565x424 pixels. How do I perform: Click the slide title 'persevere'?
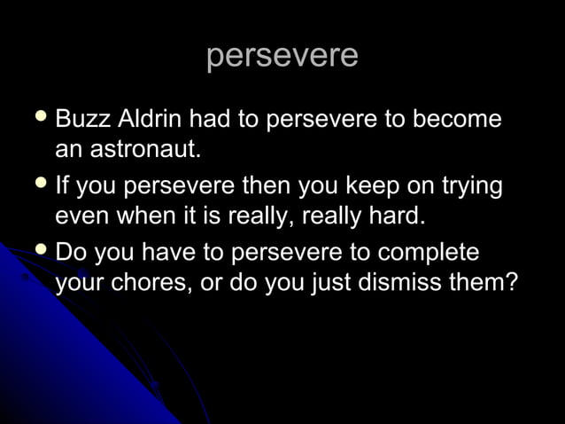[x=282, y=55]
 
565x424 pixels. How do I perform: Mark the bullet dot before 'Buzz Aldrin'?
[x=39, y=116]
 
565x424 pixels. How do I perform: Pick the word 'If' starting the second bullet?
[x=62, y=187]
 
